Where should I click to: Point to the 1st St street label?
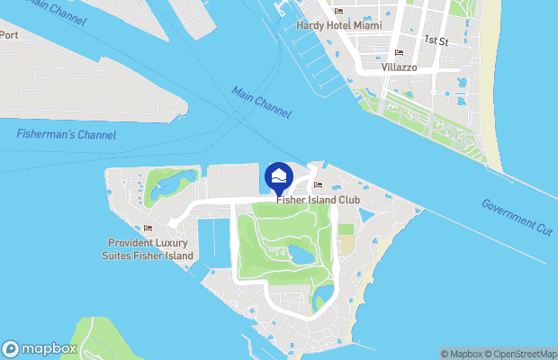[436, 40]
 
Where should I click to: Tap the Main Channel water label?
[261, 102]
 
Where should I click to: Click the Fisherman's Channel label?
[66, 134]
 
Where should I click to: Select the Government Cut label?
[516, 217]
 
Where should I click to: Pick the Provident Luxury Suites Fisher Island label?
[148, 249]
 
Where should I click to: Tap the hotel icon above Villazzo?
[399, 53]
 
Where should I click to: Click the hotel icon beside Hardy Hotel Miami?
[338, 12]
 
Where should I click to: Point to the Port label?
[8, 34]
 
